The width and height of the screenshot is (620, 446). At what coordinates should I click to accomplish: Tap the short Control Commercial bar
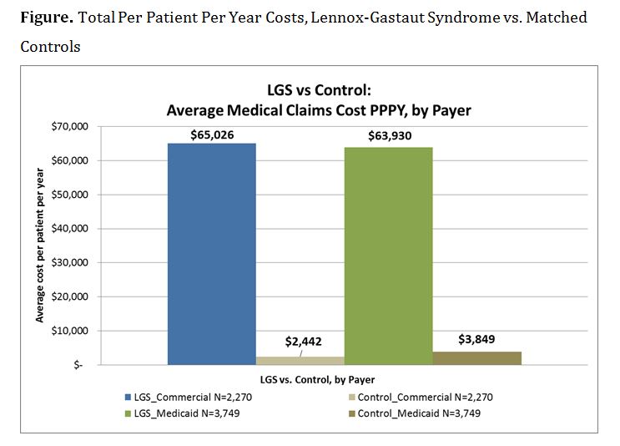pyautogui.click(x=300, y=361)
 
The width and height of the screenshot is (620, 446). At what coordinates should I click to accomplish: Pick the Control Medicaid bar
pyautogui.click(x=476, y=358)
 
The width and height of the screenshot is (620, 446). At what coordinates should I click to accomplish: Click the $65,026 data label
pyautogui.click(x=211, y=134)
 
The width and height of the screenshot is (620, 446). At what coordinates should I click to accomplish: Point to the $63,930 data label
pyautogui.click(x=388, y=136)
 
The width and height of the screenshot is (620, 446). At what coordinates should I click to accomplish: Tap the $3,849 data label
pyautogui.click(x=476, y=339)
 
